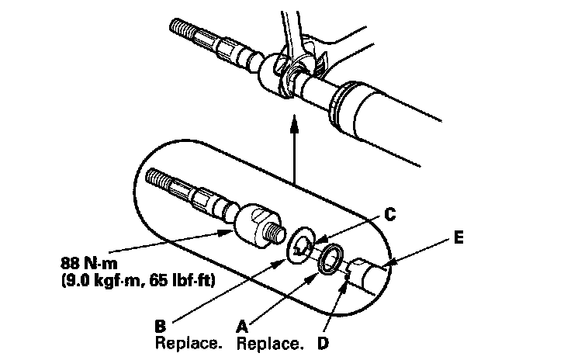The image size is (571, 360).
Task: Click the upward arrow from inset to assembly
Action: point(294,147)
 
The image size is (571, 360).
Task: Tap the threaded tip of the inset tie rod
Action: point(159,178)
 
